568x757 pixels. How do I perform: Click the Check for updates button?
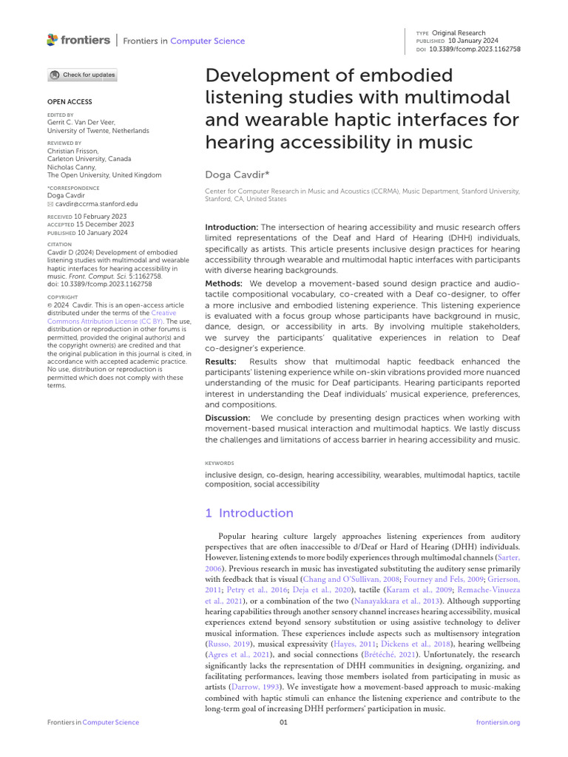click(82, 75)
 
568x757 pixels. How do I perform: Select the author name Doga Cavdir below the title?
click(234, 174)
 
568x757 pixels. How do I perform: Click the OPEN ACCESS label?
click(70, 101)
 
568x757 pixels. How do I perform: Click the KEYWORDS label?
click(219, 463)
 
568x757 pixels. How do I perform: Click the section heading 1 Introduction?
click(249, 513)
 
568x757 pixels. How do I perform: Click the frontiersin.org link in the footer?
click(498, 722)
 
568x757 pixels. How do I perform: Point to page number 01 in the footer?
click(283, 722)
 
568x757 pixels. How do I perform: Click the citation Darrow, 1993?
click(250, 688)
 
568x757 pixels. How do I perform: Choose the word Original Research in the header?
click(459, 33)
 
